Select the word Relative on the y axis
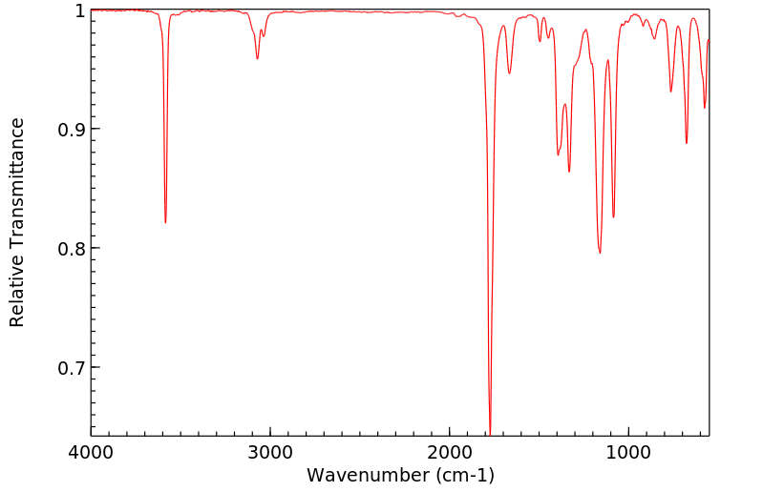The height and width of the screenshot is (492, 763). [17, 294]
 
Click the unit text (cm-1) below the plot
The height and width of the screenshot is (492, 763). [464, 474]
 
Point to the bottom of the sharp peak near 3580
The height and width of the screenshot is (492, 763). [165, 222]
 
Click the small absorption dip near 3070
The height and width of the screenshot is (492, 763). [257, 59]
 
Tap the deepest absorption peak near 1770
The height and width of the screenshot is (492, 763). [490, 431]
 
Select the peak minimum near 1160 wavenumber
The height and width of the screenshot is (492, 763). [600, 253]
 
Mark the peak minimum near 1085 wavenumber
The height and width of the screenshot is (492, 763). [613, 217]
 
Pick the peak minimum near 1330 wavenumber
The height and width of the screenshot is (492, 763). [569, 172]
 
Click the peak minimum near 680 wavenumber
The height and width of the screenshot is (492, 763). [686, 143]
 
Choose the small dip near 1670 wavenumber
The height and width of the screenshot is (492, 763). [509, 73]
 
